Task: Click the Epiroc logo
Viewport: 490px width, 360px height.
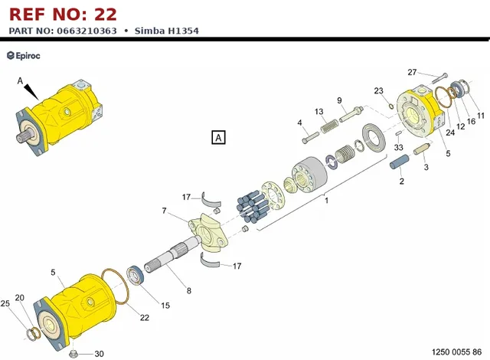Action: [x=24, y=56]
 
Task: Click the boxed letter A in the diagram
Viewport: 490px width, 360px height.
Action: [x=218, y=138]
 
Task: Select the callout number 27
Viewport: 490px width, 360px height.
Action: [x=412, y=72]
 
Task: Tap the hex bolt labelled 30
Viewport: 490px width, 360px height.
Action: [x=73, y=354]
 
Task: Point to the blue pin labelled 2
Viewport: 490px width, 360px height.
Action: [x=400, y=162]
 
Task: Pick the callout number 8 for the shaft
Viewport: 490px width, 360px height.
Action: [x=189, y=291]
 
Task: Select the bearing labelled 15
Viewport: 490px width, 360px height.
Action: [x=136, y=275]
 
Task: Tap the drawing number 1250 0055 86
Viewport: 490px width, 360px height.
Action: [x=456, y=352]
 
